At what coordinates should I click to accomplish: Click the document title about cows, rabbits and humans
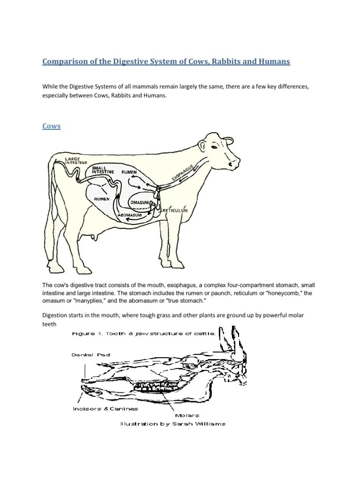(166, 61)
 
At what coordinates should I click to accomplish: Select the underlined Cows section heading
(52, 126)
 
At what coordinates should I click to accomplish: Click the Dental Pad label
(90, 355)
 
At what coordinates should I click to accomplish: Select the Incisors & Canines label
(105, 409)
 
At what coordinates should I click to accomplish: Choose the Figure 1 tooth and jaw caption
(143, 334)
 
